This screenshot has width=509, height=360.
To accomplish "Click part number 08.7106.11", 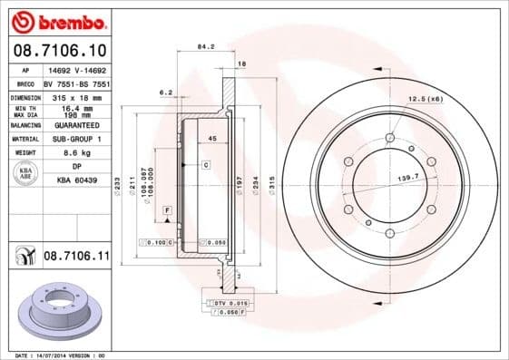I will [x=76, y=258].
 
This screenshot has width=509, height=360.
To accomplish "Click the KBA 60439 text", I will [x=76, y=180].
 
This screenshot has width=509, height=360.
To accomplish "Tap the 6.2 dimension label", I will [x=165, y=92].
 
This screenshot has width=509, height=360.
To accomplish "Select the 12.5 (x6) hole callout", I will [x=425, y=98].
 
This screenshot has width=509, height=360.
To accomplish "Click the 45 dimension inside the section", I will [x=211, y=139].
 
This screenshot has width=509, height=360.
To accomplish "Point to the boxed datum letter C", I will [x=206, y=164].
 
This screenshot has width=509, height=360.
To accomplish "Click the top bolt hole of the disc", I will [x=389, y=138].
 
